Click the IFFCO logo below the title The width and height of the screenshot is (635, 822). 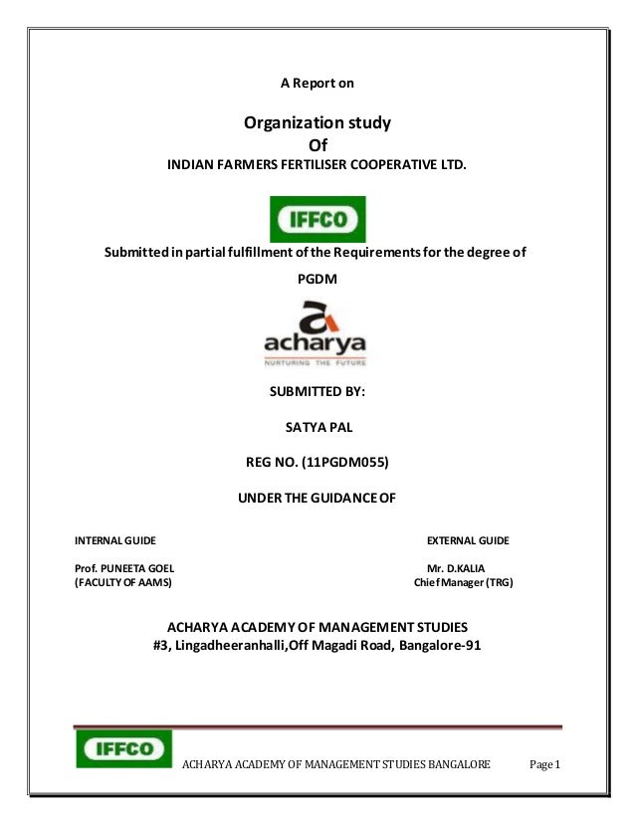pyautogui.click(x=318, y=219)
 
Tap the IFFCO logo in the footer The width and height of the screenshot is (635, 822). pyautogui.click(x=124, y=748)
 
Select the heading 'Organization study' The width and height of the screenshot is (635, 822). pyautogui.click(x=317, y=124)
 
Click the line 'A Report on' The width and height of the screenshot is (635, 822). pyautogui.click(x=317, y=84)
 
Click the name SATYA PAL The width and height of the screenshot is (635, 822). pyautogui.click(x=318, y=430)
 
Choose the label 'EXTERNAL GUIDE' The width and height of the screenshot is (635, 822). pyautogui.click(x=468, y=540)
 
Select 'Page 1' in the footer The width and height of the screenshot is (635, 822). pyautogui.click(x=546, y=764)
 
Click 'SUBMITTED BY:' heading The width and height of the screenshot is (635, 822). pyautogui.click(x=317, y=392)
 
